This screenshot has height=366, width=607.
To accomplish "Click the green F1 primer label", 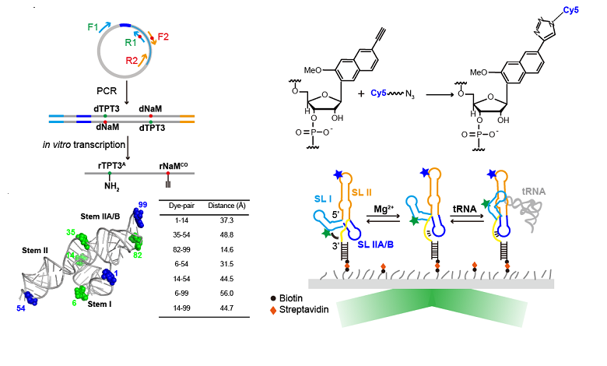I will [93, 27].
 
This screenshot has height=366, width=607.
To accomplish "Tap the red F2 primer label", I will [163, 37].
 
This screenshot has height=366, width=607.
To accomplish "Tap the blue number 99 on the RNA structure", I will [142, 205].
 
